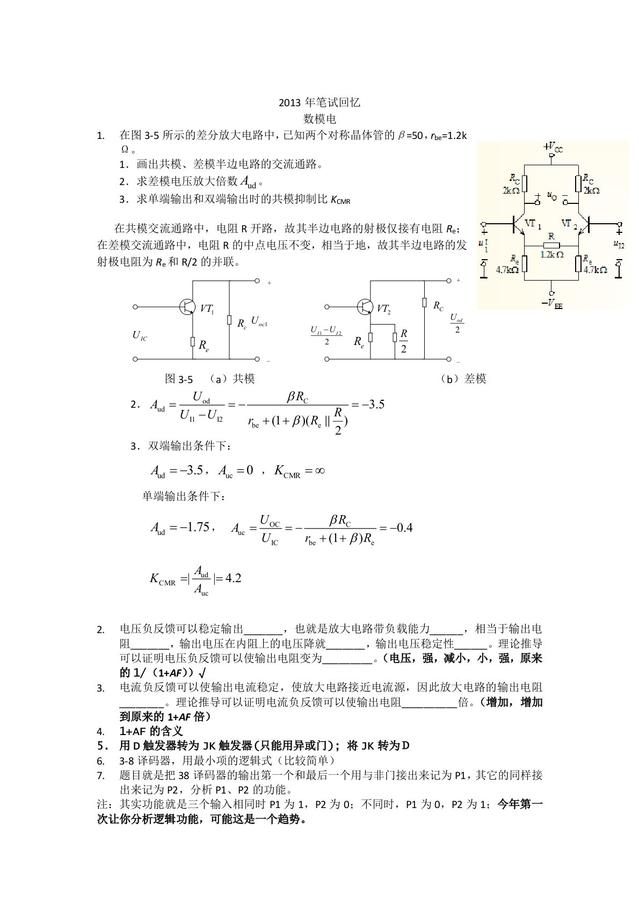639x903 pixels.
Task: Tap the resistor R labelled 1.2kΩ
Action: (551, 246)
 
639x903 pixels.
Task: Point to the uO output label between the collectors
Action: (551, 196)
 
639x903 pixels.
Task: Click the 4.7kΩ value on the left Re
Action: (507, 270)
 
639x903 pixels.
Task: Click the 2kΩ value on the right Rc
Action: (591, 190)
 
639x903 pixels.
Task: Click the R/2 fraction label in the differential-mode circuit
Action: (404, 341)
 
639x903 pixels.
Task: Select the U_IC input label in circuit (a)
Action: (140, 336)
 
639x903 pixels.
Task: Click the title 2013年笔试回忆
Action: (319, 103)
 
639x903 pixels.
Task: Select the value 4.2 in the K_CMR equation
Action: (234, 578)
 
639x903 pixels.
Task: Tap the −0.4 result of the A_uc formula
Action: (400, 527)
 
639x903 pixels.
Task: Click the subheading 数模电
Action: (319, 119)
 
